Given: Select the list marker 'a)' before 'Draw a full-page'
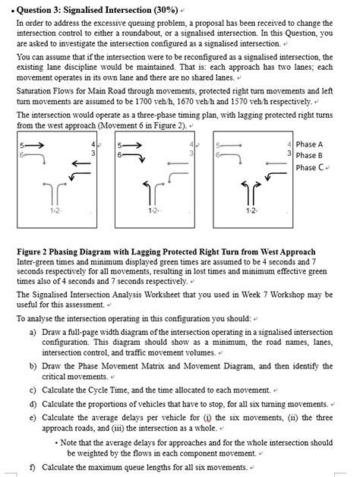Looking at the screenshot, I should pyautogui.click(x=33, y=333).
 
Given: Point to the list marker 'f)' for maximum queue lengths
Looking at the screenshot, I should pyautogui.click(x=33, y=466).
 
